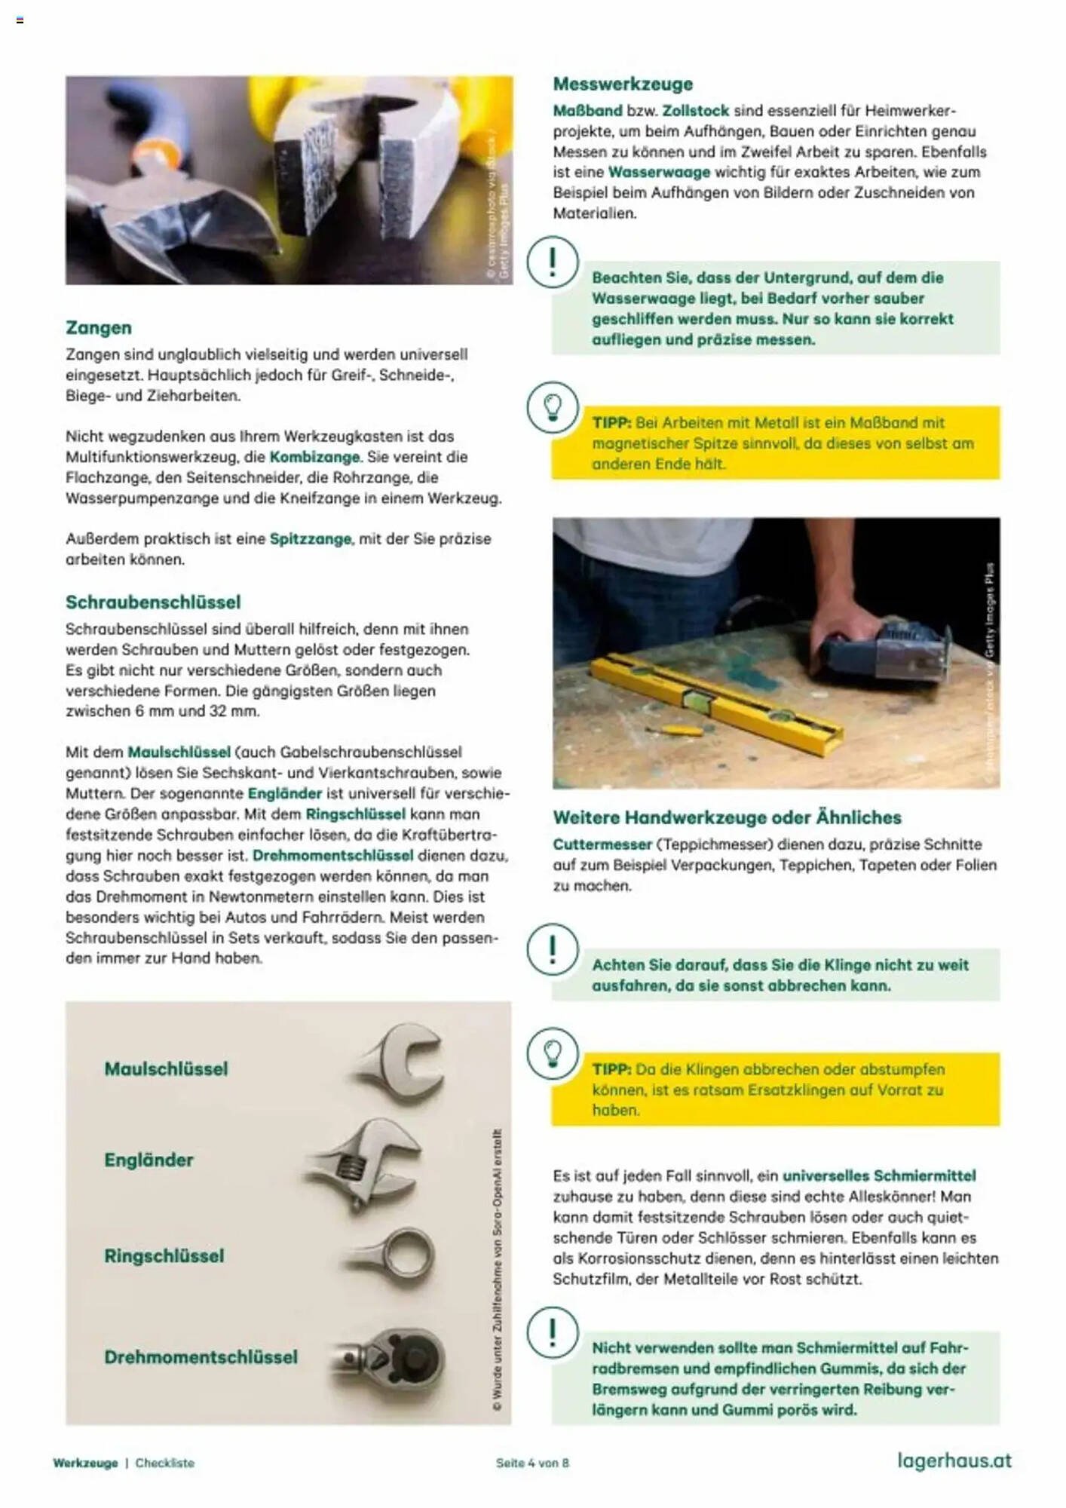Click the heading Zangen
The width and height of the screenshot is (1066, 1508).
tap(99, 328)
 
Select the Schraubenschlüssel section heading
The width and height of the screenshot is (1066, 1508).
tap(153, 602)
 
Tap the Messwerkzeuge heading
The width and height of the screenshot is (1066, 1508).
tap(623, 84)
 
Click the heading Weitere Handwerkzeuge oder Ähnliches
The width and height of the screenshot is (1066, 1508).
tap(727, 817)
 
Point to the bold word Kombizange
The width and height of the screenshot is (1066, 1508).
tap(315, 457)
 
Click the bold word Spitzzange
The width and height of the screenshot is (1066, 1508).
tap(311, 539)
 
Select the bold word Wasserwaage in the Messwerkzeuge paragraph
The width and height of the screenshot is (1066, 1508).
tap(659, 172)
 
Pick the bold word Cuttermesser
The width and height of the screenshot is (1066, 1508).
tap(602, 844)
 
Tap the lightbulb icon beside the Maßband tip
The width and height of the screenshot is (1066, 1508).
tap(553, 408)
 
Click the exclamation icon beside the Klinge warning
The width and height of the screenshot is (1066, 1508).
tap(553, 949)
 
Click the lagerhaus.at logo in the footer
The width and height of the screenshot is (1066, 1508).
tap(954, 1461)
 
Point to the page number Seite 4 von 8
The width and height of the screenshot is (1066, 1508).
tap(532, 1464)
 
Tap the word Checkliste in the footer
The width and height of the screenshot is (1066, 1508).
tap(165, 1464)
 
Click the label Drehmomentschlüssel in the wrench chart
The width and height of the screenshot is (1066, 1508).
tap(201, 1357)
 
